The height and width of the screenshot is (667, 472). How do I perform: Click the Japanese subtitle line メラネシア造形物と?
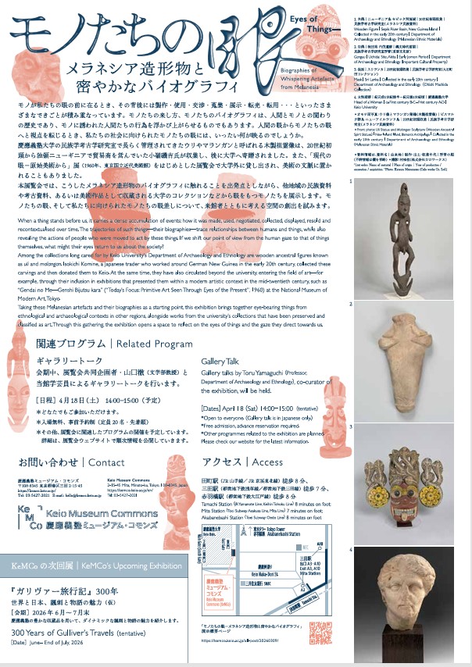(x=133, y=67)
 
